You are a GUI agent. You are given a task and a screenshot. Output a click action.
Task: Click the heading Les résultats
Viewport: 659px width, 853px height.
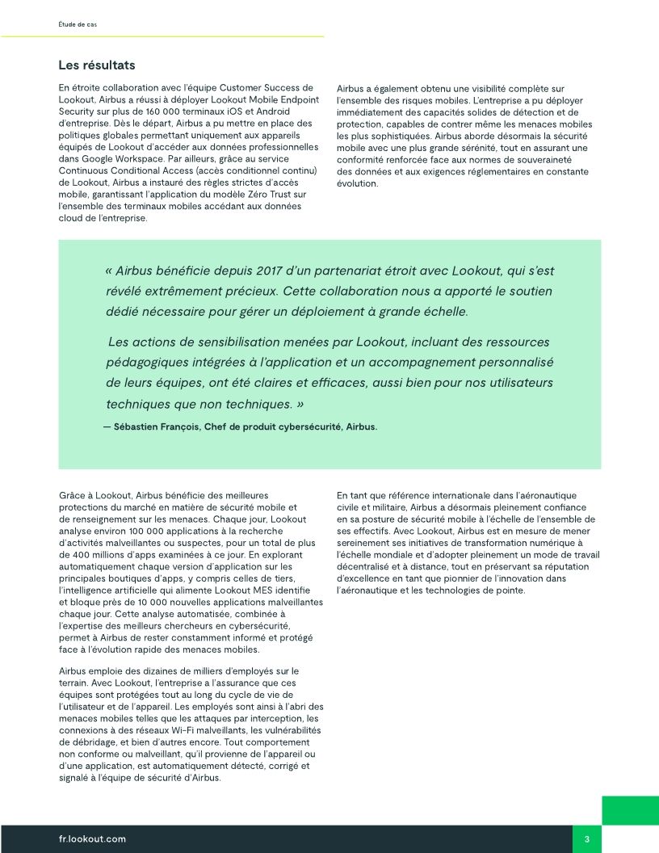97,65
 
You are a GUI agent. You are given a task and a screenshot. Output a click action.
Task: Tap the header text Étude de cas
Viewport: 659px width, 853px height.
78,25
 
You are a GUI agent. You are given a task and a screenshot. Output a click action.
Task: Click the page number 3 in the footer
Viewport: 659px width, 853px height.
587,839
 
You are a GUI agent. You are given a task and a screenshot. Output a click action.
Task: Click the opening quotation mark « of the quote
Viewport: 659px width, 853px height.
109,271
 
